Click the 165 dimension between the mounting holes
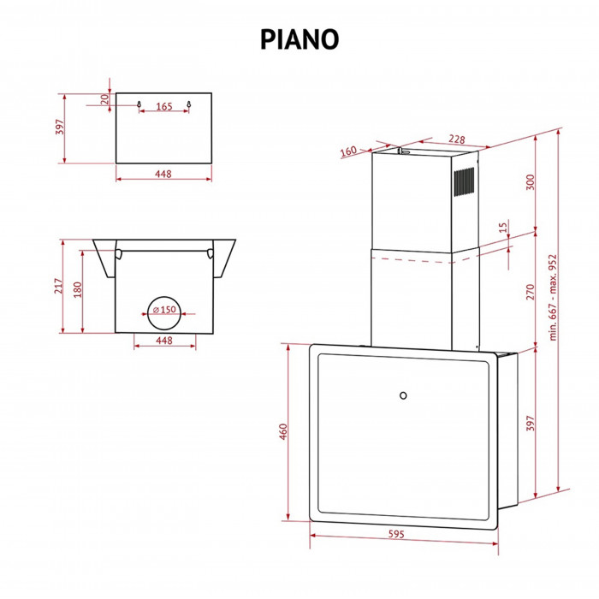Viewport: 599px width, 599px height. pyautogui.click(x=164, y=107)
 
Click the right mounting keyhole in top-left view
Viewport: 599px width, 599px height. pyautogui.click(x=189, y=104)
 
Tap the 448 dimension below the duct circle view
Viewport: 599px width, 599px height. pyautogui.click(x=165, y=341)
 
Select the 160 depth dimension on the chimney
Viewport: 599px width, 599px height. pyautogui.click(x=347, y=151)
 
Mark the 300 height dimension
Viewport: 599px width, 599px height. pyautogui.click(x=530, y=182)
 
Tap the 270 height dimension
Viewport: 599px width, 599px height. pyautogui.click(x=530, y=290)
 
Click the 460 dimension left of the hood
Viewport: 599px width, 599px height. pyautogui.click(x=282, y=432)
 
